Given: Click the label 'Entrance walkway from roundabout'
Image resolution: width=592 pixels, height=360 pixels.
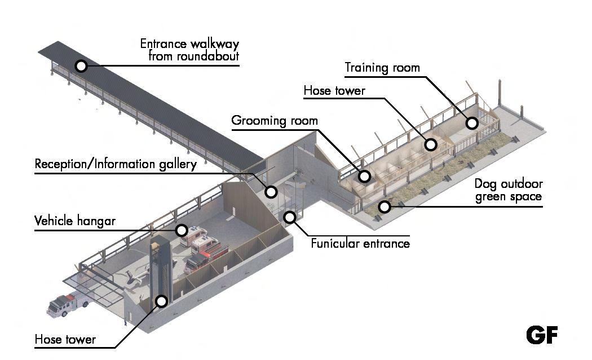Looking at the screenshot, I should (189, 50).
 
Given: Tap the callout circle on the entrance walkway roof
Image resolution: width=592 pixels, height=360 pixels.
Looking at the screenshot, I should (81, 66).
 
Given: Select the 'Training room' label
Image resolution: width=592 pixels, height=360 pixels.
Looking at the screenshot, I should (382, 68).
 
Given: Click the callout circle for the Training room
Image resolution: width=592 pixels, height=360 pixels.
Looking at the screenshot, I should (472, 122).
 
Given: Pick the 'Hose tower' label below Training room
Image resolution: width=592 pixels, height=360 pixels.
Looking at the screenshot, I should (334, 90).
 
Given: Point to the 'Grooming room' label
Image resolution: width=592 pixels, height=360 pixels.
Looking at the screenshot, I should (275, 121).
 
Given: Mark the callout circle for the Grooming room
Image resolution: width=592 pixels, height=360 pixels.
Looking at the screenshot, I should (365, 177).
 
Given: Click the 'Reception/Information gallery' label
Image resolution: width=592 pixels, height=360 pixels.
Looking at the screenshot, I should (116, 164).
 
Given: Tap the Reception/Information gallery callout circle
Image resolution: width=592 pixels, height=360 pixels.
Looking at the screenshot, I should (271, 192).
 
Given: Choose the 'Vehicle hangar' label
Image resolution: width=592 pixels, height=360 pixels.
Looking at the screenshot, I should (75, 220).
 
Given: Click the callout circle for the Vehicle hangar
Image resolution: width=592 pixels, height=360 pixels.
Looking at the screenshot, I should (182, 230).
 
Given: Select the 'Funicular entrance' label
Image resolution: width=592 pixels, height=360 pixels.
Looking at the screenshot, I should (360, 244).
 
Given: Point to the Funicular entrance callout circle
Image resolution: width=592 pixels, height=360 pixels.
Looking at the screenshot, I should (290, 217).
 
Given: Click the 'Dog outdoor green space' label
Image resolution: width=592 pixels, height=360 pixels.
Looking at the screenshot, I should (507, 190).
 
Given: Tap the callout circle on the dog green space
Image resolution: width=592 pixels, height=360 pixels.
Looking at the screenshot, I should (385, 207).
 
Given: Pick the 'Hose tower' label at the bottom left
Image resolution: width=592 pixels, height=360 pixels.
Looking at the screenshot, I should (65, 340).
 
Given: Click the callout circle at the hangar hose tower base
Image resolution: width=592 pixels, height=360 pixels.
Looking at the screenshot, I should (162, 301).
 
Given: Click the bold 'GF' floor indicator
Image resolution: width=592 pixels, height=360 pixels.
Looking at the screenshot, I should (542, 335).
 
